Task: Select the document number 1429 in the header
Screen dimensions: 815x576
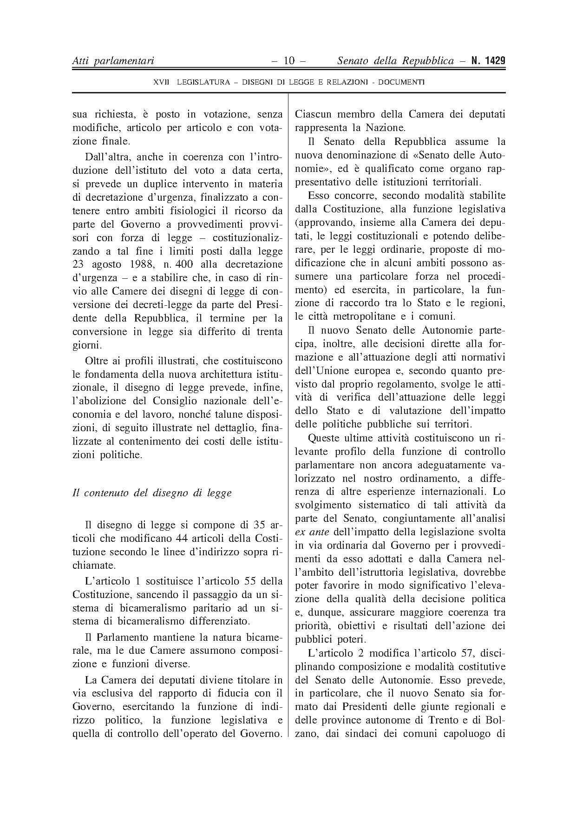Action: [493, 61]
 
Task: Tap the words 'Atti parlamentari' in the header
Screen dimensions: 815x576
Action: [113, 61]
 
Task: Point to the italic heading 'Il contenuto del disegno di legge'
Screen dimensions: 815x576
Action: [152, 493]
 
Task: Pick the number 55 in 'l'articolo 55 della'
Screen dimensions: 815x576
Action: [247, 581]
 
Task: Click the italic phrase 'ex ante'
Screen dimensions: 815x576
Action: [312, 532]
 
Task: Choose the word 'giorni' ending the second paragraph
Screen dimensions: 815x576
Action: [86, 346]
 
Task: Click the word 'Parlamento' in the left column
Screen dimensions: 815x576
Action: [122, 637]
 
